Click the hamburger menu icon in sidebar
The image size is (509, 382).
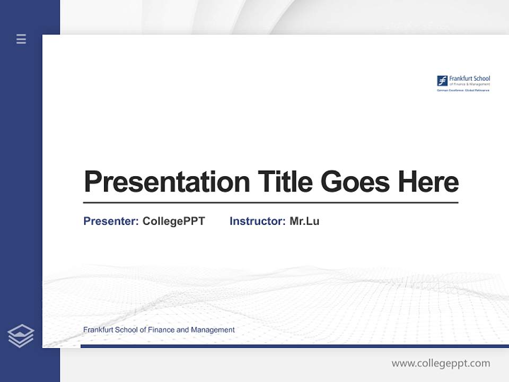[21, 39]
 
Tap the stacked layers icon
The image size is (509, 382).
[21, 336]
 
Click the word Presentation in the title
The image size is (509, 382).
[166, 182]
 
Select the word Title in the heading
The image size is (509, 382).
[284, 181]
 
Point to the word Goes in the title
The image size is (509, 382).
[355, 181]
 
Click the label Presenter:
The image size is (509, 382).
[111, 221]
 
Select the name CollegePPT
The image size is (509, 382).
[173, 221]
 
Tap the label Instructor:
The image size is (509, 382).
[257, 221]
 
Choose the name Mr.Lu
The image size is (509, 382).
[304, 221]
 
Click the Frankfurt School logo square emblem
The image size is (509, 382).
[442, 81]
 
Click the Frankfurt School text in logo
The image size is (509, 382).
[469, 79]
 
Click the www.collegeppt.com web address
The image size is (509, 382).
[441, 363]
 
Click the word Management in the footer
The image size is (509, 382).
[213, 330]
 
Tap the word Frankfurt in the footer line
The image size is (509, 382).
[98, 330]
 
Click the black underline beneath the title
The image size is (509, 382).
[270, 203]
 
